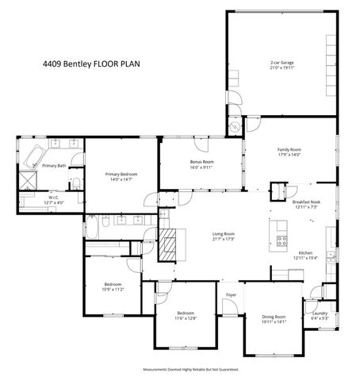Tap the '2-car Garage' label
pos(281,62)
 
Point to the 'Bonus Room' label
pos(202,161)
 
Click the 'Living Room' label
pos(223,233)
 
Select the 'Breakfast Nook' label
pos(306,202)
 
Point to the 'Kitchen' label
pos(305,252)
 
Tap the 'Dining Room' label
pos(274,317)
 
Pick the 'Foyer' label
pos(231,295)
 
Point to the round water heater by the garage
pos(235,125)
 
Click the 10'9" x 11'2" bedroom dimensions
pos(113,291)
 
